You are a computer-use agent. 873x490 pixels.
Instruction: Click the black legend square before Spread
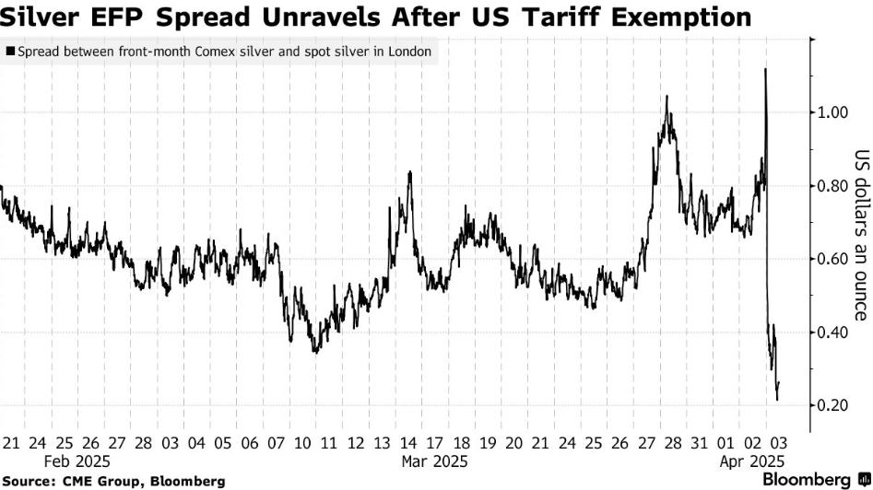click(x=10, y=52)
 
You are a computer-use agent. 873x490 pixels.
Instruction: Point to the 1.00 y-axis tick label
click(x=832, y=112)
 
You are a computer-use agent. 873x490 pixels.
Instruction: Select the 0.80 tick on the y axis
click(x=832, y=186)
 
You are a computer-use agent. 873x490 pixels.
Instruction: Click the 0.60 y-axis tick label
click(x=832, y=259)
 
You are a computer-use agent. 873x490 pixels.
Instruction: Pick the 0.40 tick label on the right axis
click(x=832, y=332)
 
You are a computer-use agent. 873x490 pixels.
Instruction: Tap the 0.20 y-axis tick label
click(x=832, y=405)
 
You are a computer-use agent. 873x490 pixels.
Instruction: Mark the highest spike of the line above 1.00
click(x=765, y=69)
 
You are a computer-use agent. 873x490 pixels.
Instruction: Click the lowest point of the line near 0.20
click(x=777, y=400)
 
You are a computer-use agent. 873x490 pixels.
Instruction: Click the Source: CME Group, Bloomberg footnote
click(x=114, y=481)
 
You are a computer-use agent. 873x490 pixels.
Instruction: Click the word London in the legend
click(x=410, y=52)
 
